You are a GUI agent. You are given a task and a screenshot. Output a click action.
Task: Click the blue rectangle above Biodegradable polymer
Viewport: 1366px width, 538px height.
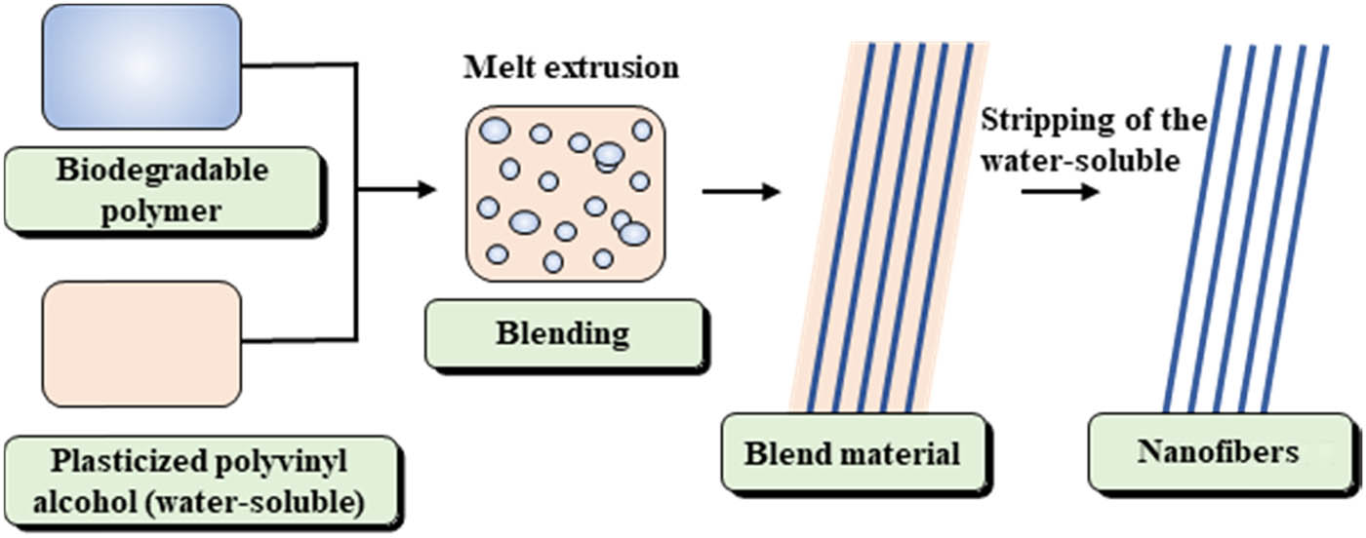tap(141, 66)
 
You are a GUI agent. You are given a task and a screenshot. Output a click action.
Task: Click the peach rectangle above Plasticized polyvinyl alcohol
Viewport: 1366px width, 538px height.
tap(141, 343)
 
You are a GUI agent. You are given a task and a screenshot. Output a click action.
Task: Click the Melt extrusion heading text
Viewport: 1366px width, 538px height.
tap(571, 68)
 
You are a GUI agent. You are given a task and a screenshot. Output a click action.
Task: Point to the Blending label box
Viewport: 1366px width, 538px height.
tap(564, 333)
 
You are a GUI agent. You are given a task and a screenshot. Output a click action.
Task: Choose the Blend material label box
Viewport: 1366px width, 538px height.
tap(852, 452)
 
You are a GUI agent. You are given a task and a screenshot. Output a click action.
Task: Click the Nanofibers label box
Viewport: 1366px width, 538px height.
tap(1219, 452)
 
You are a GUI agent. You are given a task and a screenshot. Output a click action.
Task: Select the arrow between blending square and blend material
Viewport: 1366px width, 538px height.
tap(741, 191)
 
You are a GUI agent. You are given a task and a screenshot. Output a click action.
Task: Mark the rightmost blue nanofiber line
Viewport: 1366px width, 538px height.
tap(1296, 228)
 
